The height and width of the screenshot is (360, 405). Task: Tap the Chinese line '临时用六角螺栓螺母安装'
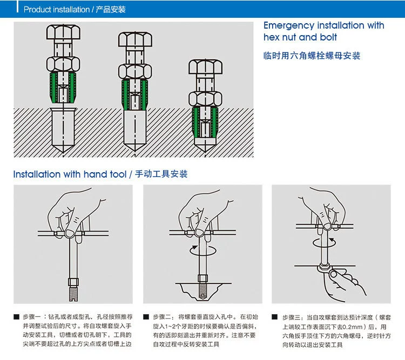click(312, 56)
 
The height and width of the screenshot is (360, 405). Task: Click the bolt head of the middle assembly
click(135, 39)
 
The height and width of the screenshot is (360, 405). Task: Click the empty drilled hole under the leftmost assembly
click(63, 127)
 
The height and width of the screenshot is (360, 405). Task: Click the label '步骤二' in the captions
click(161, 316)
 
